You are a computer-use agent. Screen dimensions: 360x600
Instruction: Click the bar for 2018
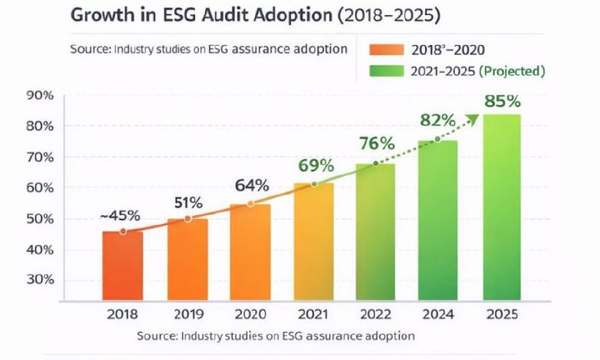(x=122, y=264)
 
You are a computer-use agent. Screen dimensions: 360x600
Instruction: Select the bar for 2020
(x=250, y=250)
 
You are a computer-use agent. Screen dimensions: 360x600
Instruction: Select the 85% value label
(x=502, y=100)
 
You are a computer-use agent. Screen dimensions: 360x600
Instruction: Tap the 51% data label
(x=187, y=202)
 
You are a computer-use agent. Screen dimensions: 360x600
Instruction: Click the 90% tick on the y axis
(x=39, y=95)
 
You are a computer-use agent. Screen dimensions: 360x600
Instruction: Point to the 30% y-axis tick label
(x=39, y=280)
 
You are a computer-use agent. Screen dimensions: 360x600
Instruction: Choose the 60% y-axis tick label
(x=39, y=187)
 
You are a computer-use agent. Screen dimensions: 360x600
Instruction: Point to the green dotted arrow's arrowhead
(x=472, y=118)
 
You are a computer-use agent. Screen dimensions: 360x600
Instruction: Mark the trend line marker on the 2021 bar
(x=315, y=184)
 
